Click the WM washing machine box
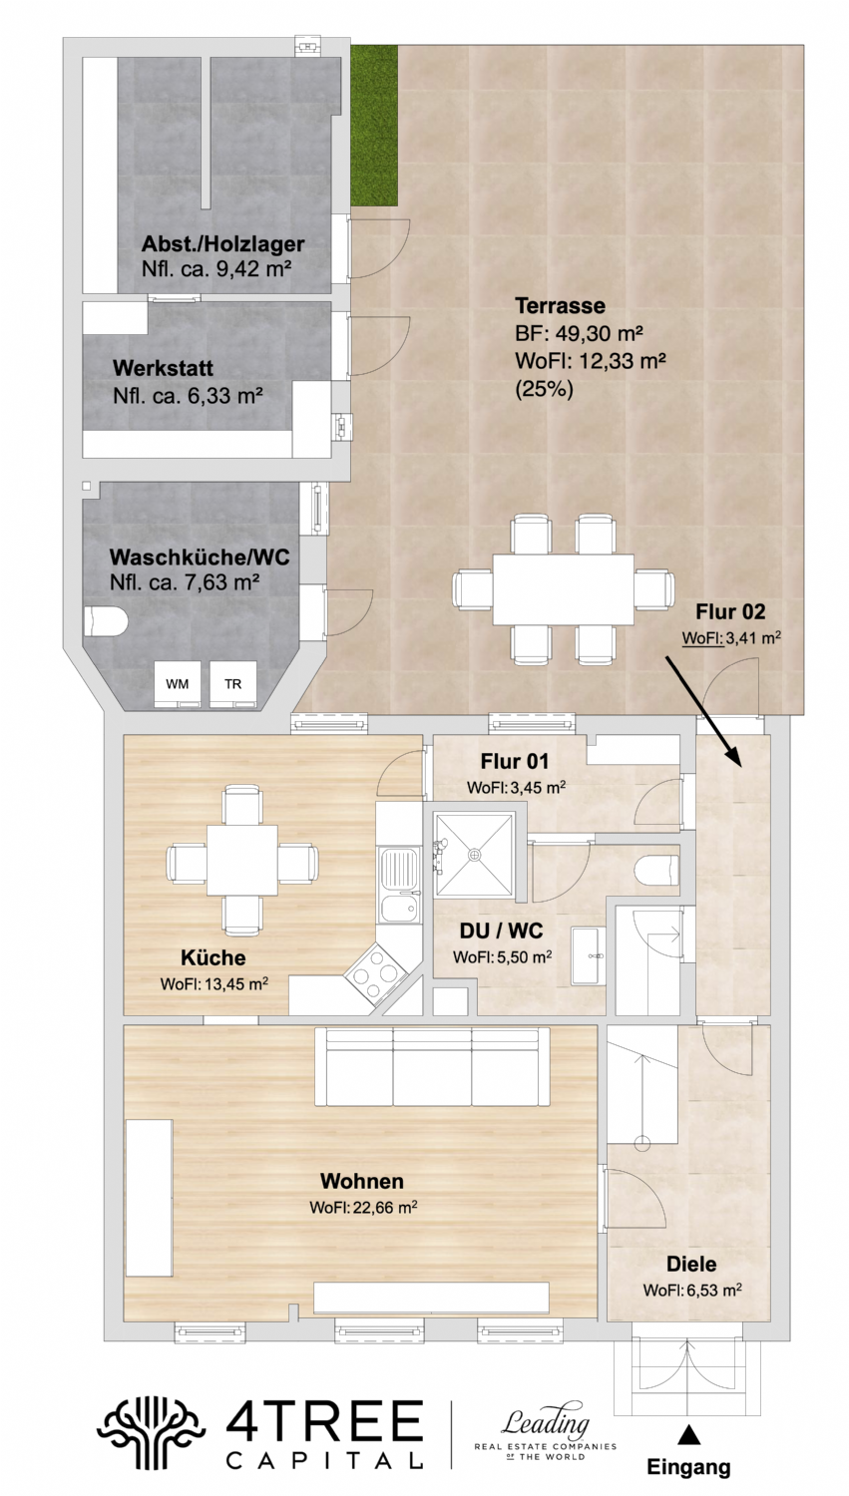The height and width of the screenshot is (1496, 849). point(177,684)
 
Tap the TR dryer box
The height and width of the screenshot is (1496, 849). point(232,684)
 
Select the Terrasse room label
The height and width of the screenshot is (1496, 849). point(560,305)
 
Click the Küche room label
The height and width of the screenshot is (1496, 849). point(212,957)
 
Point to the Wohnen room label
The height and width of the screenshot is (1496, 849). point(362,1181)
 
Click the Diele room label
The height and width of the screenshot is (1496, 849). point(691,1264)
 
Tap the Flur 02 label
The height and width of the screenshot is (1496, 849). point(730,612)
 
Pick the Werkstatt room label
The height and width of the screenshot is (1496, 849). point(163,369)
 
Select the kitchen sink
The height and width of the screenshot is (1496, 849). point(397,872)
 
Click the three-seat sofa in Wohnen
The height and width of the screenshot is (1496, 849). point(432,1067)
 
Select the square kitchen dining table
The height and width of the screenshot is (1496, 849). point(243,859)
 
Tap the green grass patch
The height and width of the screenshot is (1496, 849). point(374,123)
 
